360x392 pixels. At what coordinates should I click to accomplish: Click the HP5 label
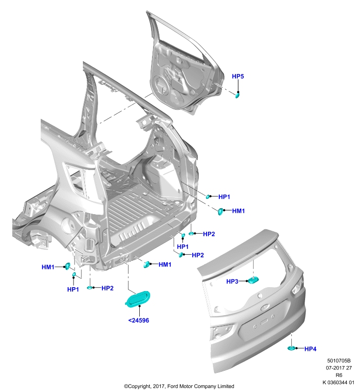238,76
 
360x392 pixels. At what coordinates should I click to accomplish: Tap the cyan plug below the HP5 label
237,95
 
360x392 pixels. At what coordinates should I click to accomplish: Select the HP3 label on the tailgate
232,281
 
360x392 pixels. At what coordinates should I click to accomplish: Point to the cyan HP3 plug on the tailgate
254,280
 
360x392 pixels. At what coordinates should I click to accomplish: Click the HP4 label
310,349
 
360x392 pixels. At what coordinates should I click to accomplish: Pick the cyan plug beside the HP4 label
291,348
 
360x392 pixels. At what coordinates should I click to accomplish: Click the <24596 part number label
139,320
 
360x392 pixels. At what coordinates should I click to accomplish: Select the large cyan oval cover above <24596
138,299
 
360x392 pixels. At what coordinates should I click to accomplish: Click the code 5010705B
339,361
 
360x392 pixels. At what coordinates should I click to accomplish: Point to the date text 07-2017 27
339,368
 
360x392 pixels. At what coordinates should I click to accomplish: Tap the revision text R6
339,375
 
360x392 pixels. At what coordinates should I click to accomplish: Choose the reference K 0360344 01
338,383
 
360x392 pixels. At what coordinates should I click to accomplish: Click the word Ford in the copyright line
173,386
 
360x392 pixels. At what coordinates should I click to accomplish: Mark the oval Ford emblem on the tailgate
264,307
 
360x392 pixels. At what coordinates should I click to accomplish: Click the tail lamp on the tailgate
298,287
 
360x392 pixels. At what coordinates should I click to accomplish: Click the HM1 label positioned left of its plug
48,267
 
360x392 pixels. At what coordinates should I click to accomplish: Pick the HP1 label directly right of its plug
224,197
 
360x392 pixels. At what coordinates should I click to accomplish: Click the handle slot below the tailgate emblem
264,322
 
